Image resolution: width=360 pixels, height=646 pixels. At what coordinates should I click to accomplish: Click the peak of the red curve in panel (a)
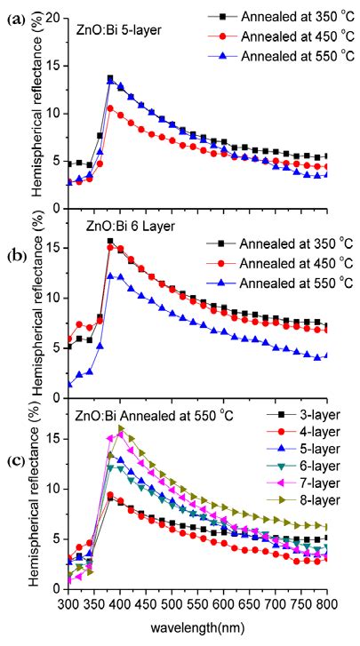pos(110,108)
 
